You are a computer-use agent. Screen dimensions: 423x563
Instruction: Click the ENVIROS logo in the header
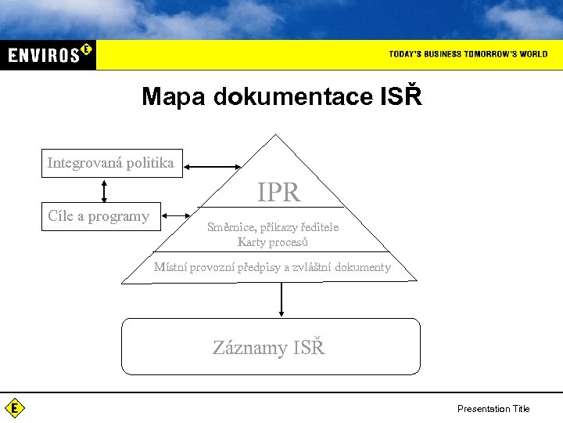(48, 54)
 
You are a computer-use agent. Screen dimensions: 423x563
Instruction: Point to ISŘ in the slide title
(401, 96)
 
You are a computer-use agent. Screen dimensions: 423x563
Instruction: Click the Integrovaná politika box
(111, 163)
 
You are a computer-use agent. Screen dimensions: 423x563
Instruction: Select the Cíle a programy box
(100, 216)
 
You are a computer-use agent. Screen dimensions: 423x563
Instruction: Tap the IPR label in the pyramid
(278, 193)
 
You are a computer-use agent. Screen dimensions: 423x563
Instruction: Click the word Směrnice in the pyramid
(231, 227)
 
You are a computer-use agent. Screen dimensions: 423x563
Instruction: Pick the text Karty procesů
(272, 242)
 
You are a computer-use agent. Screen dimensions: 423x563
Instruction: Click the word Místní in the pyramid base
(170, 267)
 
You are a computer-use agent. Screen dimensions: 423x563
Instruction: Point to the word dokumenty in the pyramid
(363, 267)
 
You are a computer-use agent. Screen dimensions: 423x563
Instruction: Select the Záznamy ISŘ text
(269, 348)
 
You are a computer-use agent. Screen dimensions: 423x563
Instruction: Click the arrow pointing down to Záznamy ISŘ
(281, 299)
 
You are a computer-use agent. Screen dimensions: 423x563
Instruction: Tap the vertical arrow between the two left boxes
(104, 190)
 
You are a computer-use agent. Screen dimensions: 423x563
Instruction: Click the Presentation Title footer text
(493, 408)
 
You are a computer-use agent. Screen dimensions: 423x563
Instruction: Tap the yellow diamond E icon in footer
(14, 407)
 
